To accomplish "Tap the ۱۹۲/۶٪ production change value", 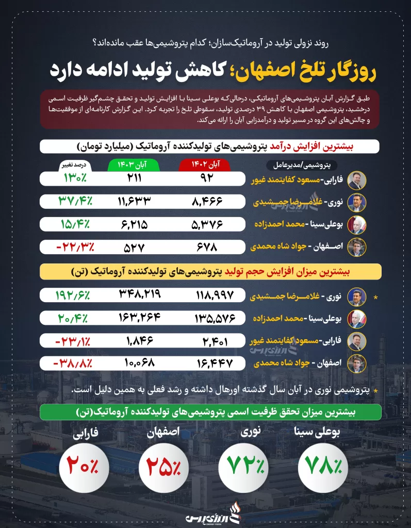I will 73,295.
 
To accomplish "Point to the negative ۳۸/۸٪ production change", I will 73,362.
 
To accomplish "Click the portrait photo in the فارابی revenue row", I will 357,180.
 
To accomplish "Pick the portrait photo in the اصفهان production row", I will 357,362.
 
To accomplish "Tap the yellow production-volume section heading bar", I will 210,271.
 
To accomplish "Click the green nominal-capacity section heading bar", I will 210,411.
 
